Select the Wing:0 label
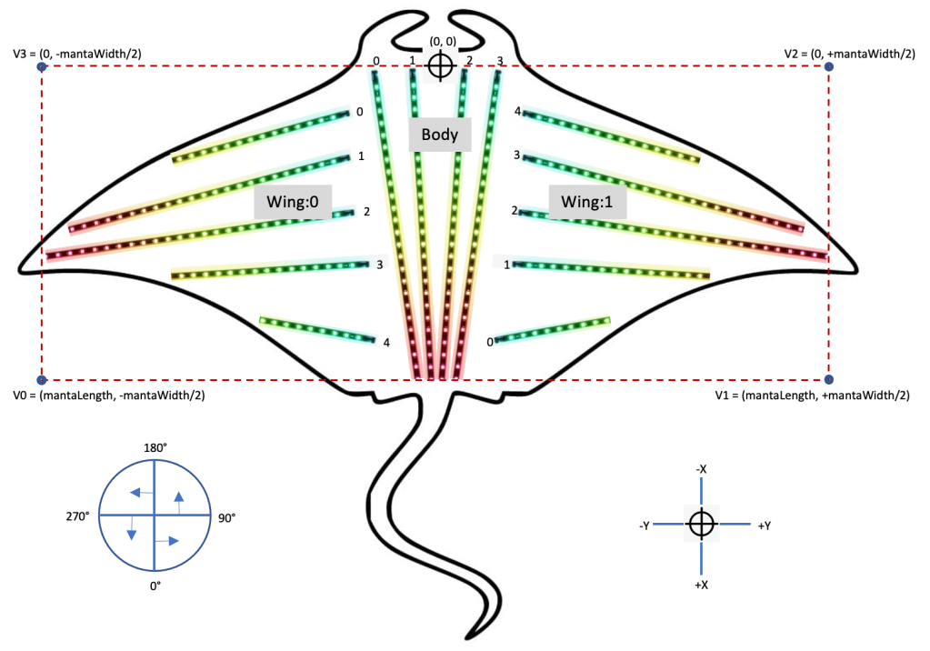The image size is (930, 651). tap(287, 202)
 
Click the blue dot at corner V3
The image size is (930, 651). tap(41, 67)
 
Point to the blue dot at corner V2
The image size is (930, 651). tap(828, 67)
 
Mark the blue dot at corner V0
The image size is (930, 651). tap(41, 380)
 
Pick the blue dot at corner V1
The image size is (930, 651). tap(828, 379)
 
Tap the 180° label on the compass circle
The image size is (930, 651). tap(155, 447)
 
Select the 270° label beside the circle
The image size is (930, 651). tap(76, 516)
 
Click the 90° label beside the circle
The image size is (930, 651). tap(226, 517)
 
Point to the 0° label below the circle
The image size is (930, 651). tap(155, 586)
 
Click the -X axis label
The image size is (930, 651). tap(701, 469)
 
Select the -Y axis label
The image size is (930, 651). tap(644, 526)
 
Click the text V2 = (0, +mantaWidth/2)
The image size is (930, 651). tap(849, 54)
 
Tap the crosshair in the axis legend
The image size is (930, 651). tap(701, 524)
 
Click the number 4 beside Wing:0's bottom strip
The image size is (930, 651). tap(386, 343)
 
